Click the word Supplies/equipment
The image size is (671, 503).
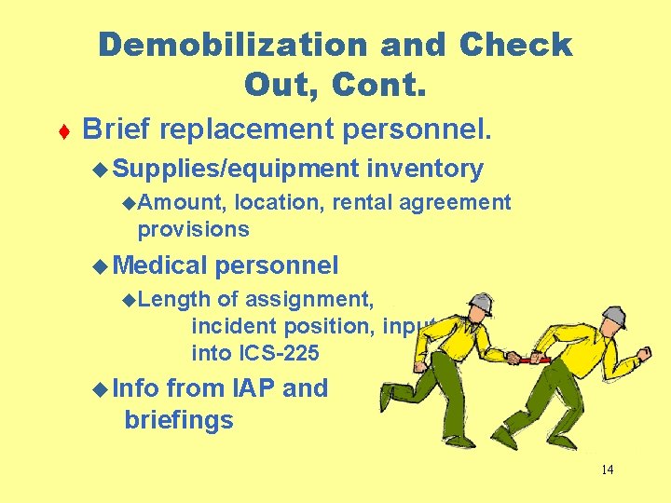click(238, 169)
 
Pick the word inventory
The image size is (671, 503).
click(426, 169)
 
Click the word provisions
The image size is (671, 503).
click(194, 228)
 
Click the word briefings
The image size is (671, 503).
click(179, 420)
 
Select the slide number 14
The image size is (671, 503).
click(607, 470)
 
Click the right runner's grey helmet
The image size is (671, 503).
click(612, 316)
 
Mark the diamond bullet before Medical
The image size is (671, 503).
click(101, 266)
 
